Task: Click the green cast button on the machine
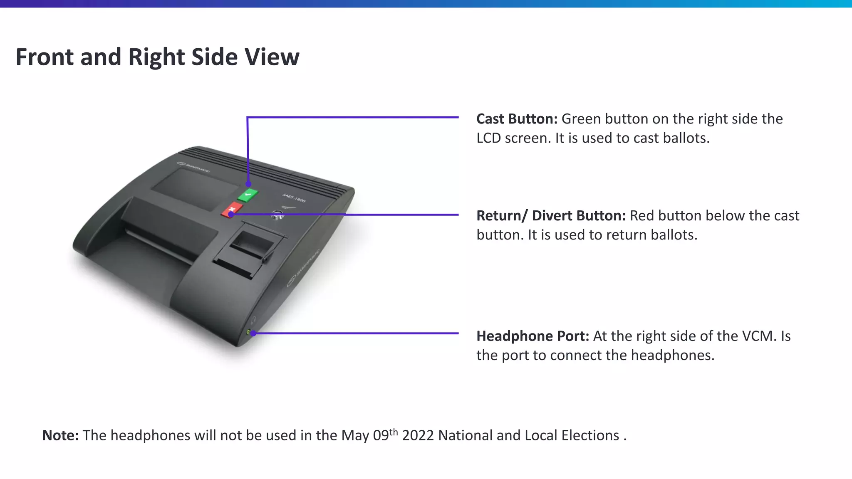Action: (248, 194)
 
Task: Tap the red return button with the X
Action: (232, 209)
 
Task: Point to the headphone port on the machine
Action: (249, 332)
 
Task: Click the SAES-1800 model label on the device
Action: (294, 198)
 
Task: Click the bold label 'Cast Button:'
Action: (517, 119)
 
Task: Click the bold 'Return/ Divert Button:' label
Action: (551, 216)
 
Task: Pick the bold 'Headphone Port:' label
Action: (532, 336)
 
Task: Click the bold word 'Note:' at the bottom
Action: (60, 435)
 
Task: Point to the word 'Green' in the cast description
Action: (581, 119)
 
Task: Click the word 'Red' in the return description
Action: (643, 216)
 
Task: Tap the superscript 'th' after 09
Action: (394, 432)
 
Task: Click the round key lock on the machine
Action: (277, 215)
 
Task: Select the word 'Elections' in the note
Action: (590, 435)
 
